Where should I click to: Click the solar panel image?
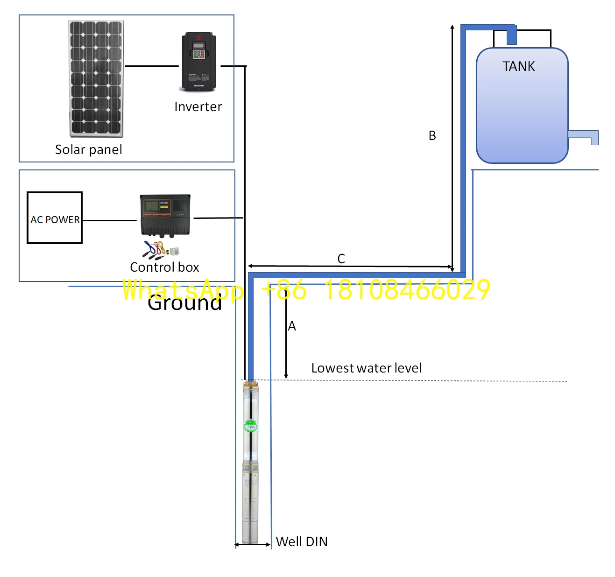[x=96, y=78]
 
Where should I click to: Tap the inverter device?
[x=199, y=62]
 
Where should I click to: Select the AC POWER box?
[x=55, y=218]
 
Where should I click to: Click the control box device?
[x=165, y=215]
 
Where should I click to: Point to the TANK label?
[x=518, y=66]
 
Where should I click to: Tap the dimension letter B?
[x=432, y=136]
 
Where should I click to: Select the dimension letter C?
[x=341, y=259]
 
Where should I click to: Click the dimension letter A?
[x=292, y=326]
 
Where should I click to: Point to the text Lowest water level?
[x=366, y=368]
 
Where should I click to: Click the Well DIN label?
[x=302, y=542]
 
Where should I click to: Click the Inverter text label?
[x=198, y=107]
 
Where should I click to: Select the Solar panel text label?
[x=89, y=150]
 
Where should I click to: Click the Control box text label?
[x=164, y=267]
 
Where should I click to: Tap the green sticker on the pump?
[x=250, y=426]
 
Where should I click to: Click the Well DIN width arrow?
[x=253, y=544]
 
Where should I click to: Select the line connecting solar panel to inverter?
[x=152, y=66]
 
